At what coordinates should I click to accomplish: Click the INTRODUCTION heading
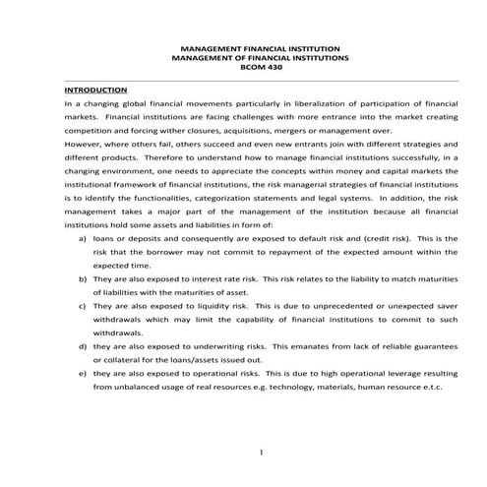click(x=91, y=88)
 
